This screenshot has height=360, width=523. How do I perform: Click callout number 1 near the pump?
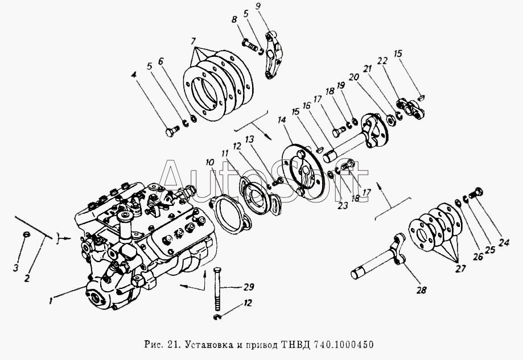[51, 301]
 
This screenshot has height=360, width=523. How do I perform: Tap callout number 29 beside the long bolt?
[249, 287]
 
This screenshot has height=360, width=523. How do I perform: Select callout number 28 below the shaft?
[422, 291]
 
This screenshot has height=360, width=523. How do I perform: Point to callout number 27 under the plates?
[460, 268]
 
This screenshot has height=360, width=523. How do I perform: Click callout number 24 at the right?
[504, 242]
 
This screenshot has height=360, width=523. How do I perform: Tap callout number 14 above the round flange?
[282, 119]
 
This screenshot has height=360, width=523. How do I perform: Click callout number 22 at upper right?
[382, 61]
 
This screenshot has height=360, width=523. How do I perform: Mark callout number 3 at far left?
[16, 268]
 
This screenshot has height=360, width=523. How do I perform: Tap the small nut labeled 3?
[26, 235]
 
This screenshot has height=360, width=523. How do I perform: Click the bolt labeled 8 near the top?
[250, 45]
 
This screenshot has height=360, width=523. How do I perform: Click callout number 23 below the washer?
[343, 206]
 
